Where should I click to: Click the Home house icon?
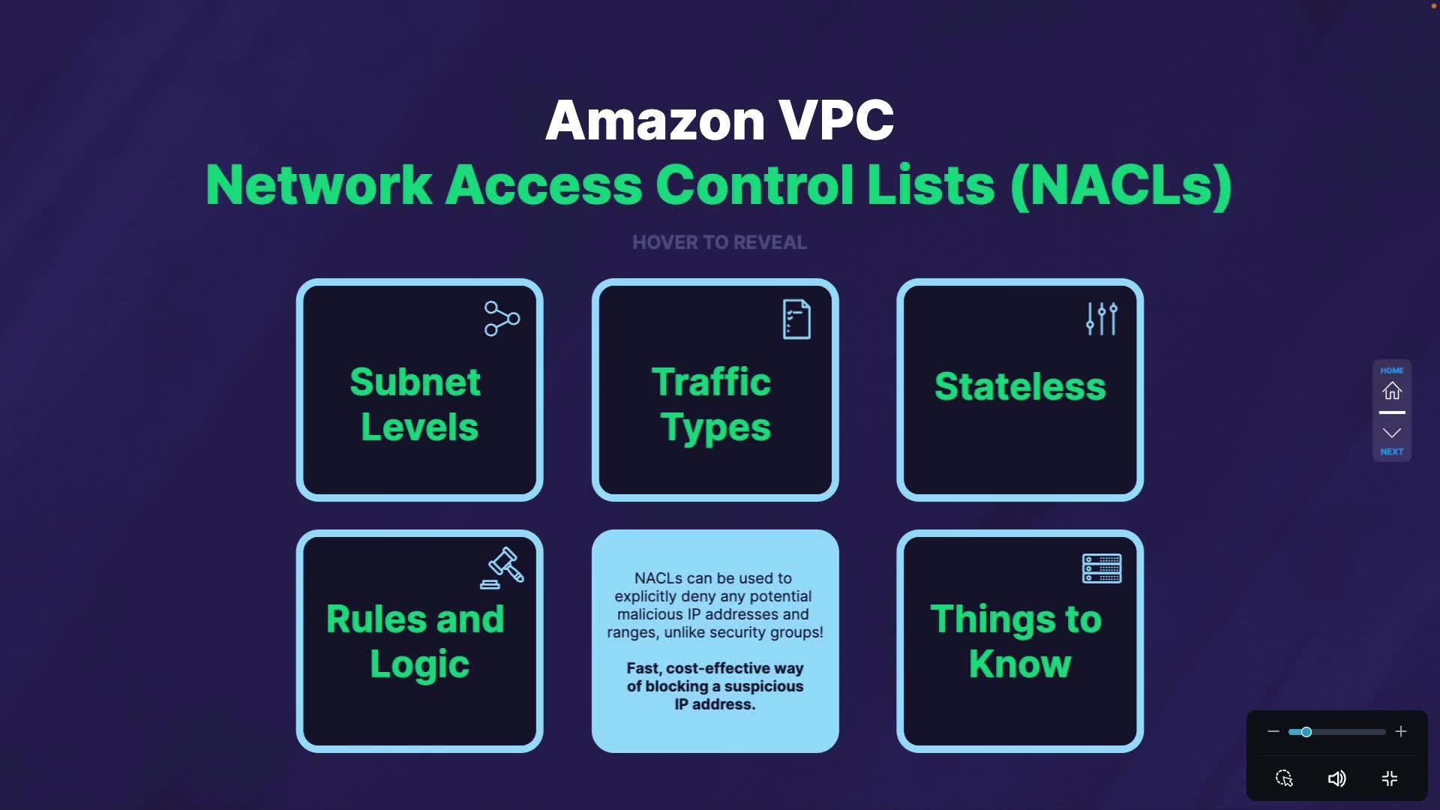coord(1392,391)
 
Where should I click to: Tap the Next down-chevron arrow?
coord(1392,433)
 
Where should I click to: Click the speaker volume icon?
coord(1336,778)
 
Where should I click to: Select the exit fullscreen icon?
coord(1390,778)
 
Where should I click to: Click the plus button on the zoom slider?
coord(1401,731)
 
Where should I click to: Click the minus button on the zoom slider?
coord(1273,731)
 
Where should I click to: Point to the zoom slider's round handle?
coord(1306,731)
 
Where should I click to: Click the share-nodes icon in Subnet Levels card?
coord(502,319)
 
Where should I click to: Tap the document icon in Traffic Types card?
coord(796,319)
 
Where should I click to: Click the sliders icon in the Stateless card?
coord(1102,319)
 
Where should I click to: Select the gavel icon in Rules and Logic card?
coord(502,568)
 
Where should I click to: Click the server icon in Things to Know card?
coord(1102,568)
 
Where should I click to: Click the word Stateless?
coord(1020,386)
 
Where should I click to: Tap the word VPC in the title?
coord(836,120)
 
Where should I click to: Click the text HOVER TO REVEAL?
coord(719,242)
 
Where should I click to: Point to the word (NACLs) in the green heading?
coord(1121,185)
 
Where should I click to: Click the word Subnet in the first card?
coord(415,382)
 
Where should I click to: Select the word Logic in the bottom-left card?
coord(419,664)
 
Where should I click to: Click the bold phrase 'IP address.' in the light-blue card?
coord(715,704)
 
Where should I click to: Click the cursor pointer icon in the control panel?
coord(1284,778)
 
